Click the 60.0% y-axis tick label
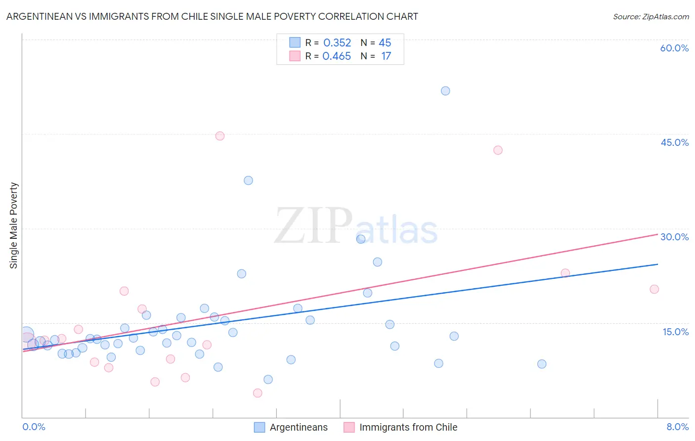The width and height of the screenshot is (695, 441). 674,48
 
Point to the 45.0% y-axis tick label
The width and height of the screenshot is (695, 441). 674,142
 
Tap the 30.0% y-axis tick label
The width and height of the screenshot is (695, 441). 674,237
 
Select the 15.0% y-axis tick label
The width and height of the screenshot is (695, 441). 675,332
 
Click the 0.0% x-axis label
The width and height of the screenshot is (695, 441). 34,427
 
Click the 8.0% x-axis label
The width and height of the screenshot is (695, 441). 677,427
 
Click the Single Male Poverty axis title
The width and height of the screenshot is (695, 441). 14,225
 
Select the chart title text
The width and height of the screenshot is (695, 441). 212,16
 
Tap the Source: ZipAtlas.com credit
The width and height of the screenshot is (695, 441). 651,16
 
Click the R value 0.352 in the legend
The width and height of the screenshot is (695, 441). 337,43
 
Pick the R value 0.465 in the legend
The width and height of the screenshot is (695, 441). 336,56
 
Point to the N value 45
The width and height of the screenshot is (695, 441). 385,43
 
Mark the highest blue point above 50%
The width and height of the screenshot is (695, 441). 445,91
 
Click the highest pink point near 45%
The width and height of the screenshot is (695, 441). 220,136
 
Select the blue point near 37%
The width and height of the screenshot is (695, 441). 248,180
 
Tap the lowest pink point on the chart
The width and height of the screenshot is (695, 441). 258,393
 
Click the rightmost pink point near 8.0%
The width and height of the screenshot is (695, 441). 654,289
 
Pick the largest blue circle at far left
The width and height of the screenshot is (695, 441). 27,335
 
